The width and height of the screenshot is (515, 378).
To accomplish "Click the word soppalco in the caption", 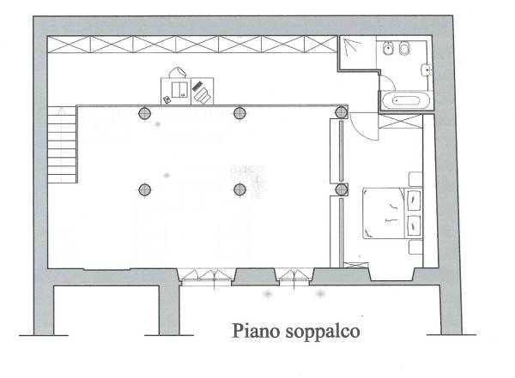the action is coord(323,332).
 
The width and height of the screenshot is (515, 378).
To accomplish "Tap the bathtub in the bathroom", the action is coord(405,100).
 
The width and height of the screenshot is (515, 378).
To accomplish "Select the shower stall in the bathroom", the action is coord(358,52).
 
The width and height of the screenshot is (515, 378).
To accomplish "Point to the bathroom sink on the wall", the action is coord(427,69).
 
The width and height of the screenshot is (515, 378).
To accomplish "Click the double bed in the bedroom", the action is coord(392,213).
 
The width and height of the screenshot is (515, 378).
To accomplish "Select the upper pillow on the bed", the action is coord(414,200).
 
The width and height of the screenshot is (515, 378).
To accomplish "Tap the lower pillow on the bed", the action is coord(414,225).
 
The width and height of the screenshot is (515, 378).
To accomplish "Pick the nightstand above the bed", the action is coord(415,179).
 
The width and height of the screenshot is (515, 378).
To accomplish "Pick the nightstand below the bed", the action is coord(415,247).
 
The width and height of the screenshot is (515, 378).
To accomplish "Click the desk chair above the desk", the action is coord(178,72).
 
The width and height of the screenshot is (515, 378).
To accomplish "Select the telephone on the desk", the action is coord(167,99).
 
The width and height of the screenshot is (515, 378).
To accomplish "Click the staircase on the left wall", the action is coord(62,144).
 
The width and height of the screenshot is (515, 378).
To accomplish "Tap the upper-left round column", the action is coord(144,113).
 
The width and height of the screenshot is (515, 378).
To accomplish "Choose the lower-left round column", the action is coord(144,189).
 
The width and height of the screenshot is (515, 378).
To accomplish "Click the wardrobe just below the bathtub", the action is coord(400,121).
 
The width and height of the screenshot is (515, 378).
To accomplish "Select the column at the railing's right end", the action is coord(342,112).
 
